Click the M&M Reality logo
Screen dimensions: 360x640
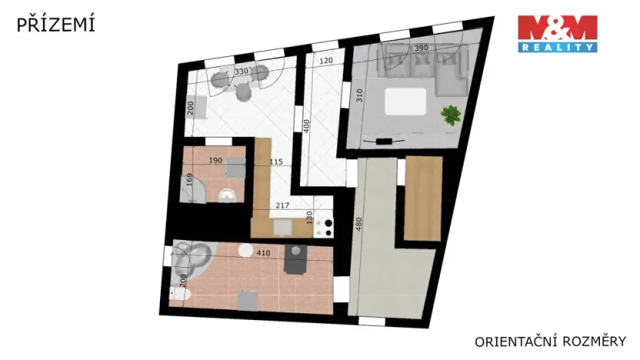pyautogui.click(x=558, y=33)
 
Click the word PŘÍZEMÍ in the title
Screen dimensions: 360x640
pyautogui.click(x=56, y=25)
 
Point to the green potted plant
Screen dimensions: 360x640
pyautogui.click(x=450, y=116)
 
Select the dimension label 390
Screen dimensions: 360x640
pyautogui.click(x=422, y=48)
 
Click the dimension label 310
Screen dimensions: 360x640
pyautogui.click(x=358, y=96)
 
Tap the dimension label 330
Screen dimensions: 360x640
pyautogui.click(x=242, y=72)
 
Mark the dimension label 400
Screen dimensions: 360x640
pyautogui.click(x=306, y=127)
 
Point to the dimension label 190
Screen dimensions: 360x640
pyautogui.click(x=215, y=161)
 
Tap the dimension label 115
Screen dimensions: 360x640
pyautogui.click(x=277, y=162)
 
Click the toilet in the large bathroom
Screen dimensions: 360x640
pyautogui.click(x=180, y=295)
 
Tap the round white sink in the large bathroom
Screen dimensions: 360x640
pyautogui.click(x=245, y=250)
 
